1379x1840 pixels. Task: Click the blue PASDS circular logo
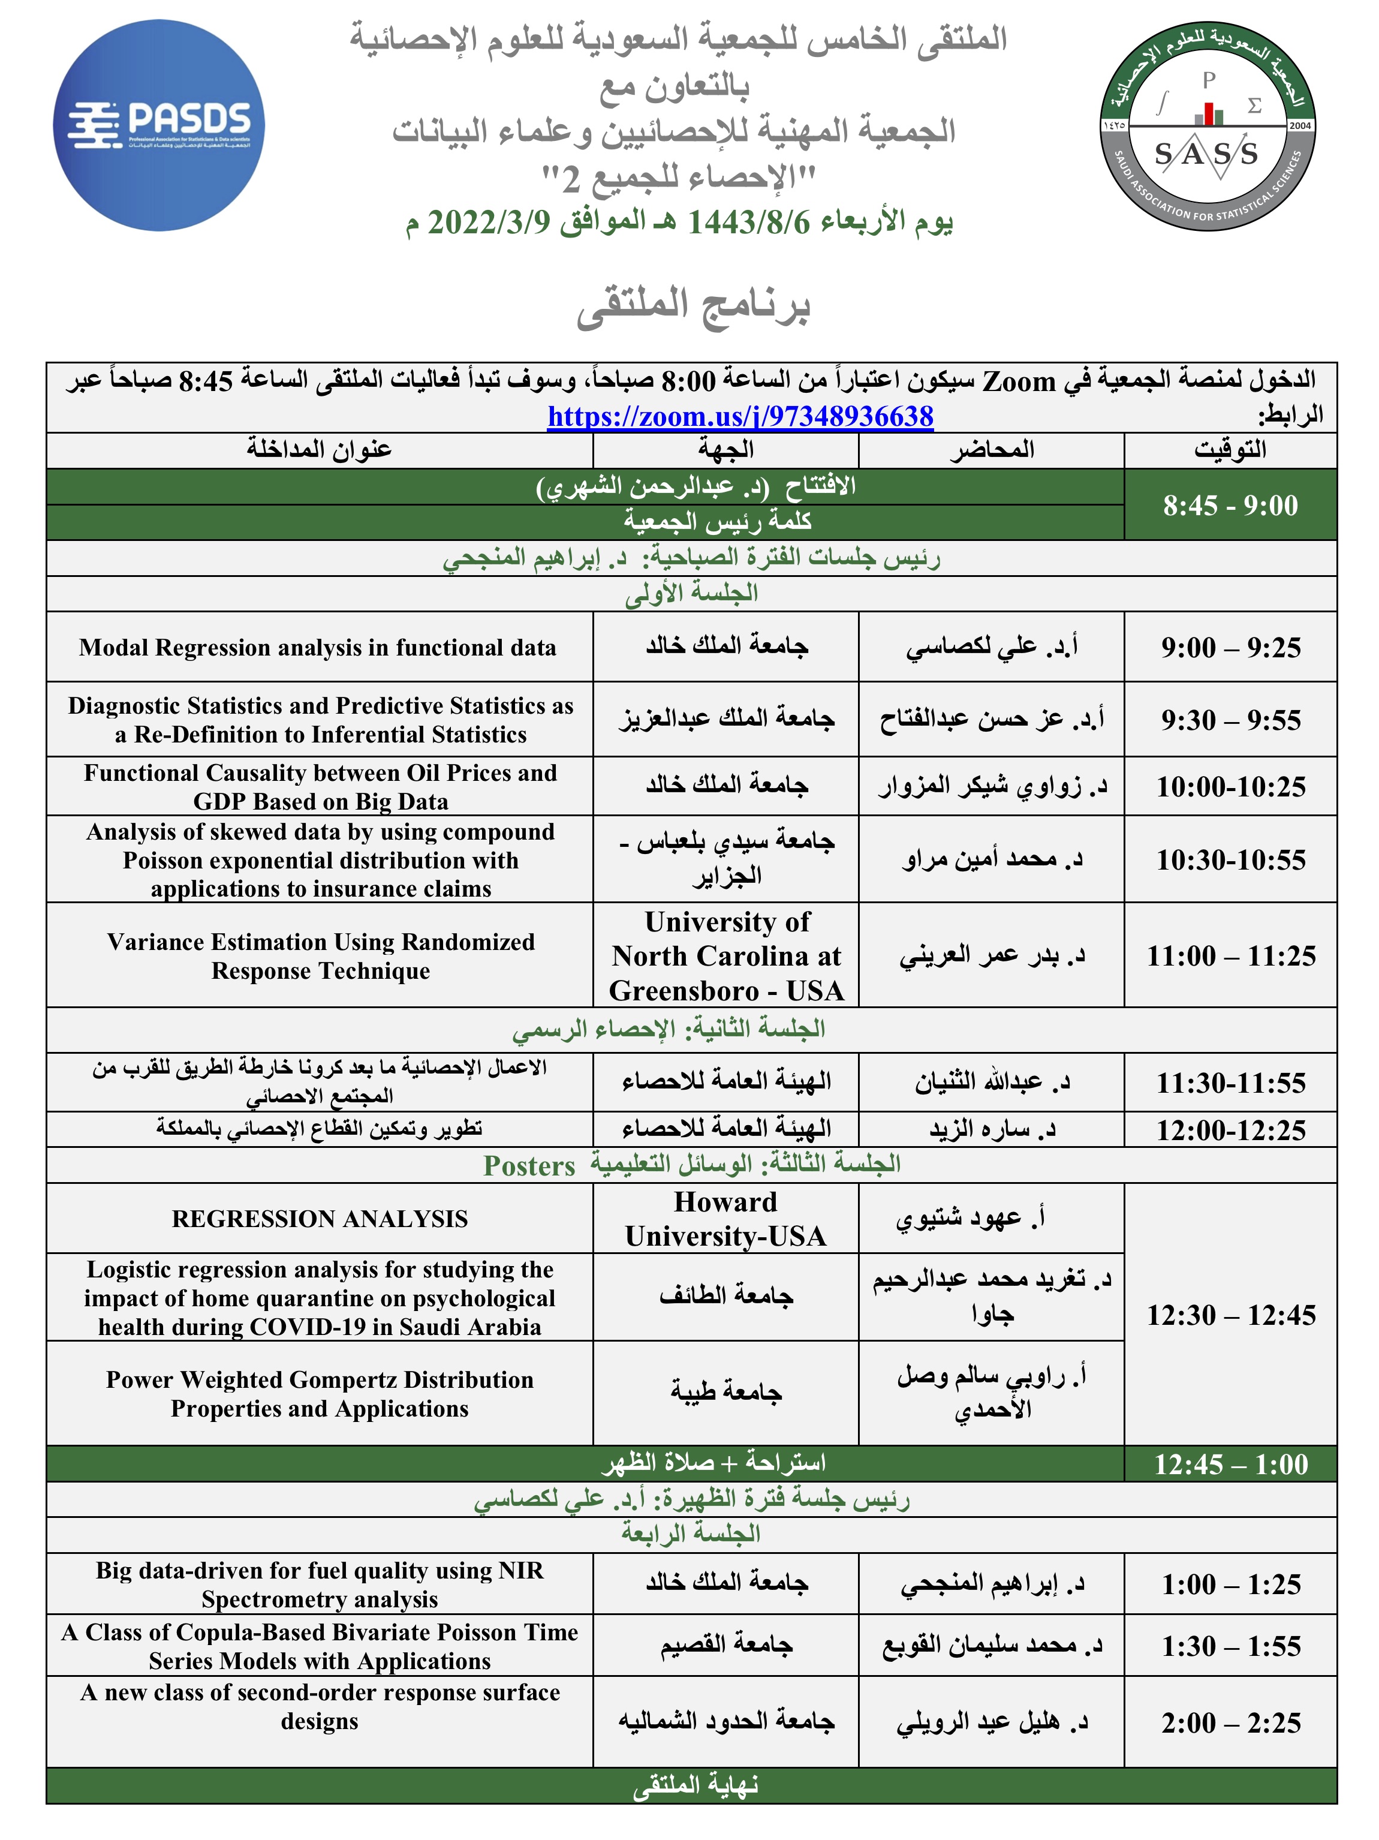[x=158, y=125]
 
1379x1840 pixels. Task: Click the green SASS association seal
[x=1207, y=125]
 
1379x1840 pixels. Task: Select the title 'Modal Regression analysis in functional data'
[x=318, y=647]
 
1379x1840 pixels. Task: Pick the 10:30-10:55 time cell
[x=1230, y=859]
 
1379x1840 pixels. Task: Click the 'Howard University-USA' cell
[x=726, y=1219]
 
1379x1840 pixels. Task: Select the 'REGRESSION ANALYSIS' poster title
[x=320, y=1219]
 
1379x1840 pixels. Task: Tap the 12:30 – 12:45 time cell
[x=1230, y=1315]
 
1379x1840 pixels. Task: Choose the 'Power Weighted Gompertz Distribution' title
[x=320, y=1393]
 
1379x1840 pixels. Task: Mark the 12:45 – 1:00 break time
[x=1230, y=1464]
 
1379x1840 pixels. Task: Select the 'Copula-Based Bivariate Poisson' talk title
[x=320, y=1646]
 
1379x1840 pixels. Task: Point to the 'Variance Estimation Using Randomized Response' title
[x=320, y=956]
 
